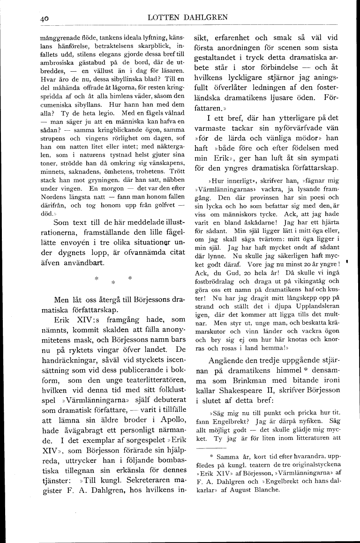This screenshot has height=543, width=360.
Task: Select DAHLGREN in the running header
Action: [x=206, y=17]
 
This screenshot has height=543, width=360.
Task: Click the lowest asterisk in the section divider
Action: [x=112, y=282]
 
